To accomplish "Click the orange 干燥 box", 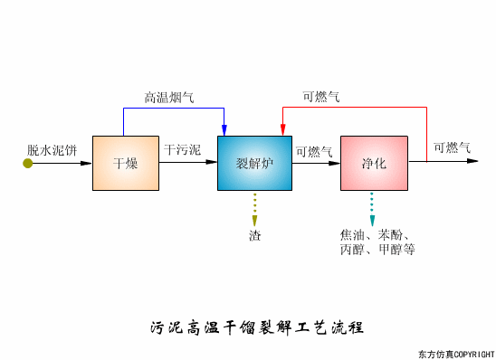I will point(125,163).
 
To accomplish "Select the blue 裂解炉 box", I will point(254,163).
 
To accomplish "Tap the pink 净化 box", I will point(374,163).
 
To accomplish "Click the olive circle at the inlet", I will point(28,163).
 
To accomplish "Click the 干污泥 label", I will point(183,147).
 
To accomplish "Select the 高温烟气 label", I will point(169,97).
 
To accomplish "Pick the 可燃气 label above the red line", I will point(321,97).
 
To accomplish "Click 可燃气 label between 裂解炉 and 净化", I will point(314,151).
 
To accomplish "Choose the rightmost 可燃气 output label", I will point(452,147).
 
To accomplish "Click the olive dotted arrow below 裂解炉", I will point(254,209).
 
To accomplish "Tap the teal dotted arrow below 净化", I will point(371,209).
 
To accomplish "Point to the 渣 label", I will point(254,235).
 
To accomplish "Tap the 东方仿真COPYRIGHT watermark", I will point(455,353).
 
